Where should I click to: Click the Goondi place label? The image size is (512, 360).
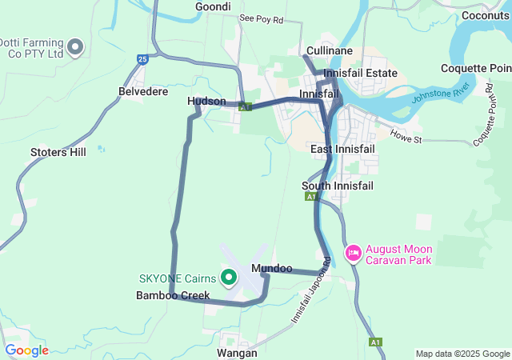213,6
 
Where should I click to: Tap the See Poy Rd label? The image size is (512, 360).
261,18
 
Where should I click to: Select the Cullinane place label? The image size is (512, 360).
326,51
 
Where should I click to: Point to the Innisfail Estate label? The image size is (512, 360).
361,73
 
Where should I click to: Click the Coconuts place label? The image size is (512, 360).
486,14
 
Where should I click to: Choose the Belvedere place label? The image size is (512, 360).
143,92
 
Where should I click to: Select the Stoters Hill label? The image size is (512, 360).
58,151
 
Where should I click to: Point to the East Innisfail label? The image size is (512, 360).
342,150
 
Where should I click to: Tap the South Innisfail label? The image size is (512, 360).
337,186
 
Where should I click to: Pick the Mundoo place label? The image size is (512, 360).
271,269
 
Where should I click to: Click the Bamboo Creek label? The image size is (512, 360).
173,295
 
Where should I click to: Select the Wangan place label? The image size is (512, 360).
237,352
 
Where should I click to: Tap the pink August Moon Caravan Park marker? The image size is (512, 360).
353,254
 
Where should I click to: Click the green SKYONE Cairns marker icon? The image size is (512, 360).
228,278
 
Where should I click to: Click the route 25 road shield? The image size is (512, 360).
142,58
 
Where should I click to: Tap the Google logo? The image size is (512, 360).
26,350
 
